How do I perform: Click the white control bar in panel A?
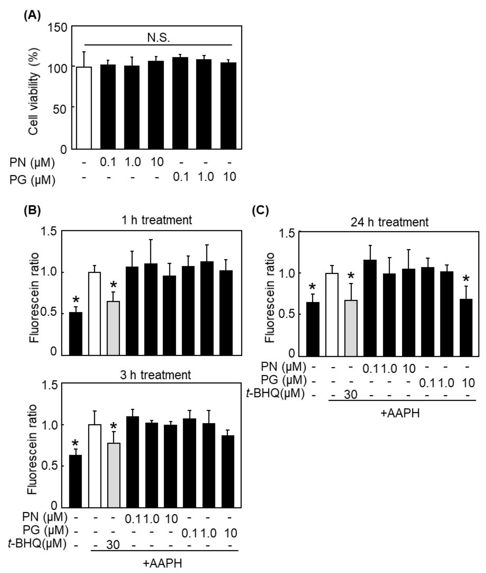point(84,108)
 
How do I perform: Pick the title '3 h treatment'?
point(155,375)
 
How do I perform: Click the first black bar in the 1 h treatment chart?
point(75,333)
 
